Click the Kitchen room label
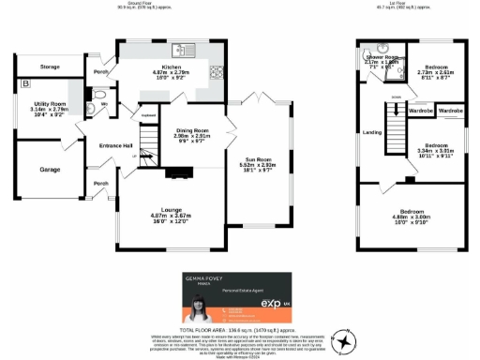coord(171,68)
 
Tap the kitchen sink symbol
coord(187,50)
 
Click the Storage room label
coord(50,67)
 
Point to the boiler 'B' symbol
coord(23,85)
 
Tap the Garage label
coord(51,171)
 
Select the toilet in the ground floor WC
coord(100,95)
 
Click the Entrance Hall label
coord(117,145)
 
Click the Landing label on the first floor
coord(373,132)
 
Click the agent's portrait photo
coord(201,308)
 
